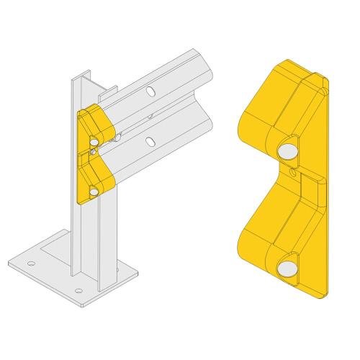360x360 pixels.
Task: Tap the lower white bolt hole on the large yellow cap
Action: (x=287, y=269)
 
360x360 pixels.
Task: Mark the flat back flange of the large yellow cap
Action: (x=321, y=187)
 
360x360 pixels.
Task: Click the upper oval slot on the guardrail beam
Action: (x=150, y=91)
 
